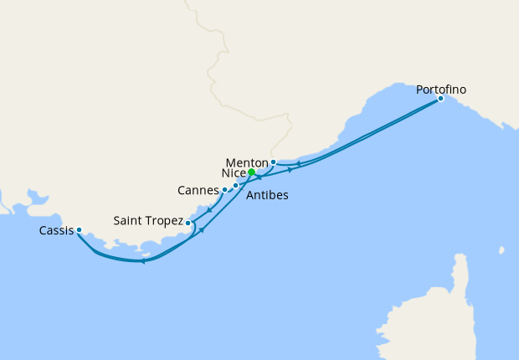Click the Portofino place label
[441, 89]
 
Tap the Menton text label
[247, 162]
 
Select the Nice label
[233, 172]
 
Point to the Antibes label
[268, 195]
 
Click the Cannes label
[198, 190]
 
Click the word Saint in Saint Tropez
[130, 222]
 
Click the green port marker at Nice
[251, 172]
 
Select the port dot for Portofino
[440, 99]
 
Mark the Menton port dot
[273, 162]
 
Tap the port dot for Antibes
[236, 186]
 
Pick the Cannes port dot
[224, 190]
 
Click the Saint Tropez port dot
[188, 224]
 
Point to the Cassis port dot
[79, 229]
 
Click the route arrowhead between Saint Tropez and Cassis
[143, 261]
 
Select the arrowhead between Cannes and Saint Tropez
[208, 208]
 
